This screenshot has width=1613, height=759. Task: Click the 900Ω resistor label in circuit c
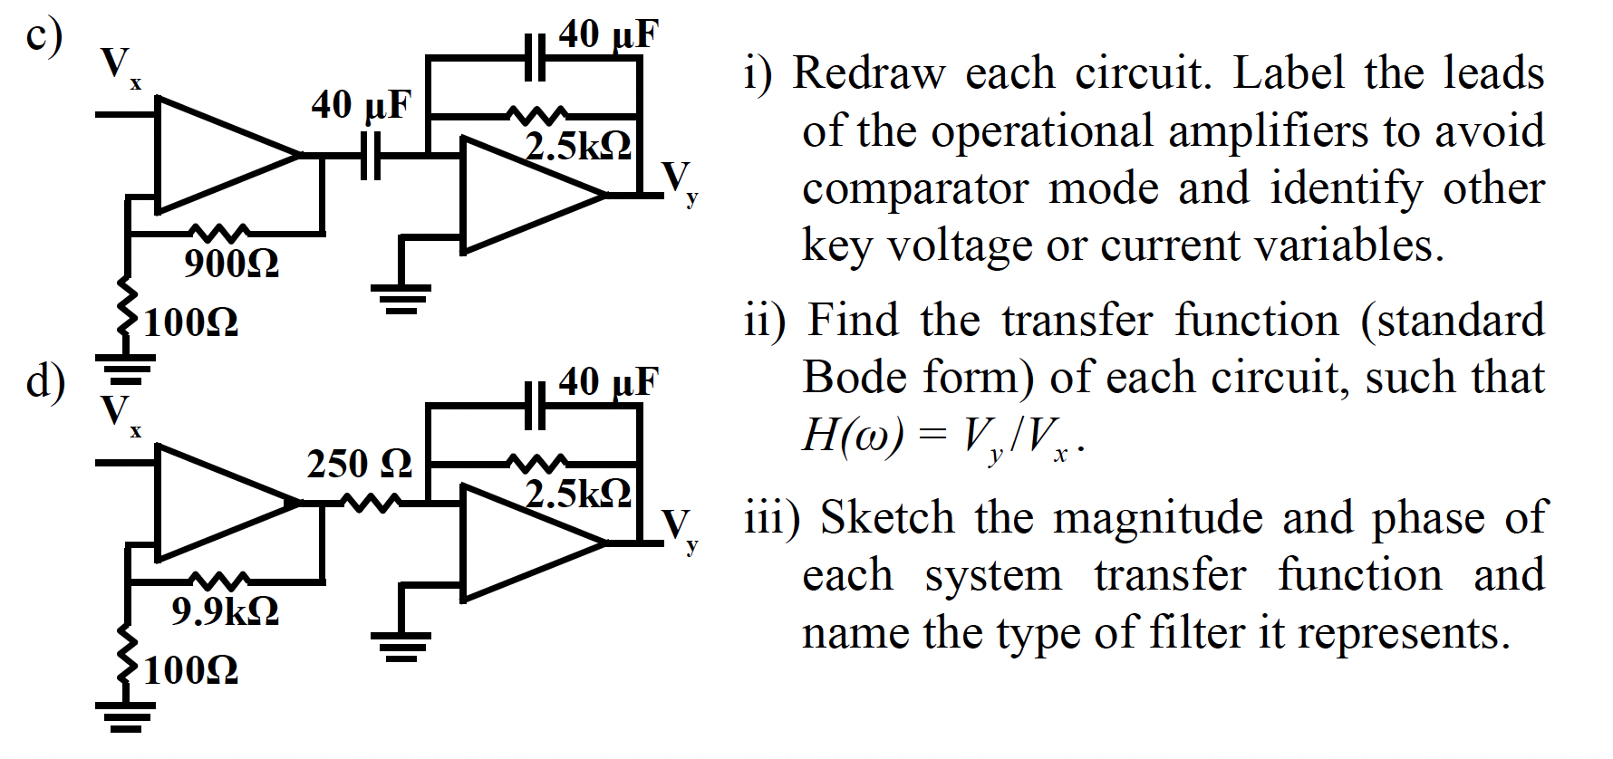click(x=231, y=264)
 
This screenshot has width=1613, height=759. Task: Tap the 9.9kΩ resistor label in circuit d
click(x=225, y=611)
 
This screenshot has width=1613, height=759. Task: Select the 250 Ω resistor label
click(x=360, y=464)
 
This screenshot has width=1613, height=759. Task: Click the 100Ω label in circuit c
click(x=191, y=322)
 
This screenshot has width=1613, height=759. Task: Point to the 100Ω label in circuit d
click(x=191, y=670)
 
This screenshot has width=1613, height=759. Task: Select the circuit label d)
click(x=44, y=380)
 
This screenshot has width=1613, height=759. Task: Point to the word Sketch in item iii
click(x=887, y=518)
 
